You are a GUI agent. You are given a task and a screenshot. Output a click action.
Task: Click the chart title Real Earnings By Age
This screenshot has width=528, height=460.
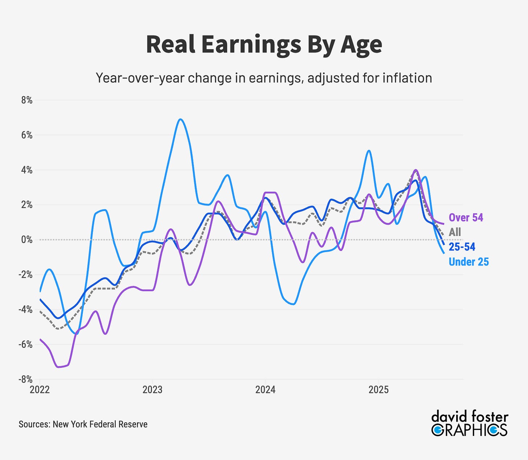point(264,45)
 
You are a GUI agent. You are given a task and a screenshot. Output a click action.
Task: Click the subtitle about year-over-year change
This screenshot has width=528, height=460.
point(264,78)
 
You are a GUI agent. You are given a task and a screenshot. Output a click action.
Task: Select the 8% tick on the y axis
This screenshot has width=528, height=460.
point(27,101)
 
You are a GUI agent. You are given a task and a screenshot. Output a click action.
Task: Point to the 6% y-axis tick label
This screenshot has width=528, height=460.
point(27,135)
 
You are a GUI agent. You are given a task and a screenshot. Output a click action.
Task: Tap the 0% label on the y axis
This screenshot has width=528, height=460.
point(27,240)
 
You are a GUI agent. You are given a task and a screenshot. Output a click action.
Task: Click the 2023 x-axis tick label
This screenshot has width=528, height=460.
point(152,390)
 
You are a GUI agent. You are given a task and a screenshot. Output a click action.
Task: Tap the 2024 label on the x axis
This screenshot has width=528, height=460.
point(265,390)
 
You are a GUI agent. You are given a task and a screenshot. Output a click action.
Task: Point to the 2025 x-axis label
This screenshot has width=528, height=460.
point(379,390)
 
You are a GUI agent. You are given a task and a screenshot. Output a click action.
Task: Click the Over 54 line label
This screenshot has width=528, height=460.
point(466,217)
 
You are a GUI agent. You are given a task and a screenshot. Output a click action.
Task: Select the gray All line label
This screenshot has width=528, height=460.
point(455,232)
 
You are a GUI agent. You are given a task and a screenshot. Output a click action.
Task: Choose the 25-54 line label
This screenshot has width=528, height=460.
point(462,247)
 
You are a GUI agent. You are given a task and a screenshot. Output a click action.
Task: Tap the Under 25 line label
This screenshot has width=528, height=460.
point(469,262)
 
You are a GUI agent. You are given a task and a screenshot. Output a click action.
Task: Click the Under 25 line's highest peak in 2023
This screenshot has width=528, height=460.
point(181,119)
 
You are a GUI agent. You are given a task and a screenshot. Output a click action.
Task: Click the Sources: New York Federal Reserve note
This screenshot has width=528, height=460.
point(83,424)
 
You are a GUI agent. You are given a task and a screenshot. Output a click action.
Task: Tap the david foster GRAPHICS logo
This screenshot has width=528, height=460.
point(470,424)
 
